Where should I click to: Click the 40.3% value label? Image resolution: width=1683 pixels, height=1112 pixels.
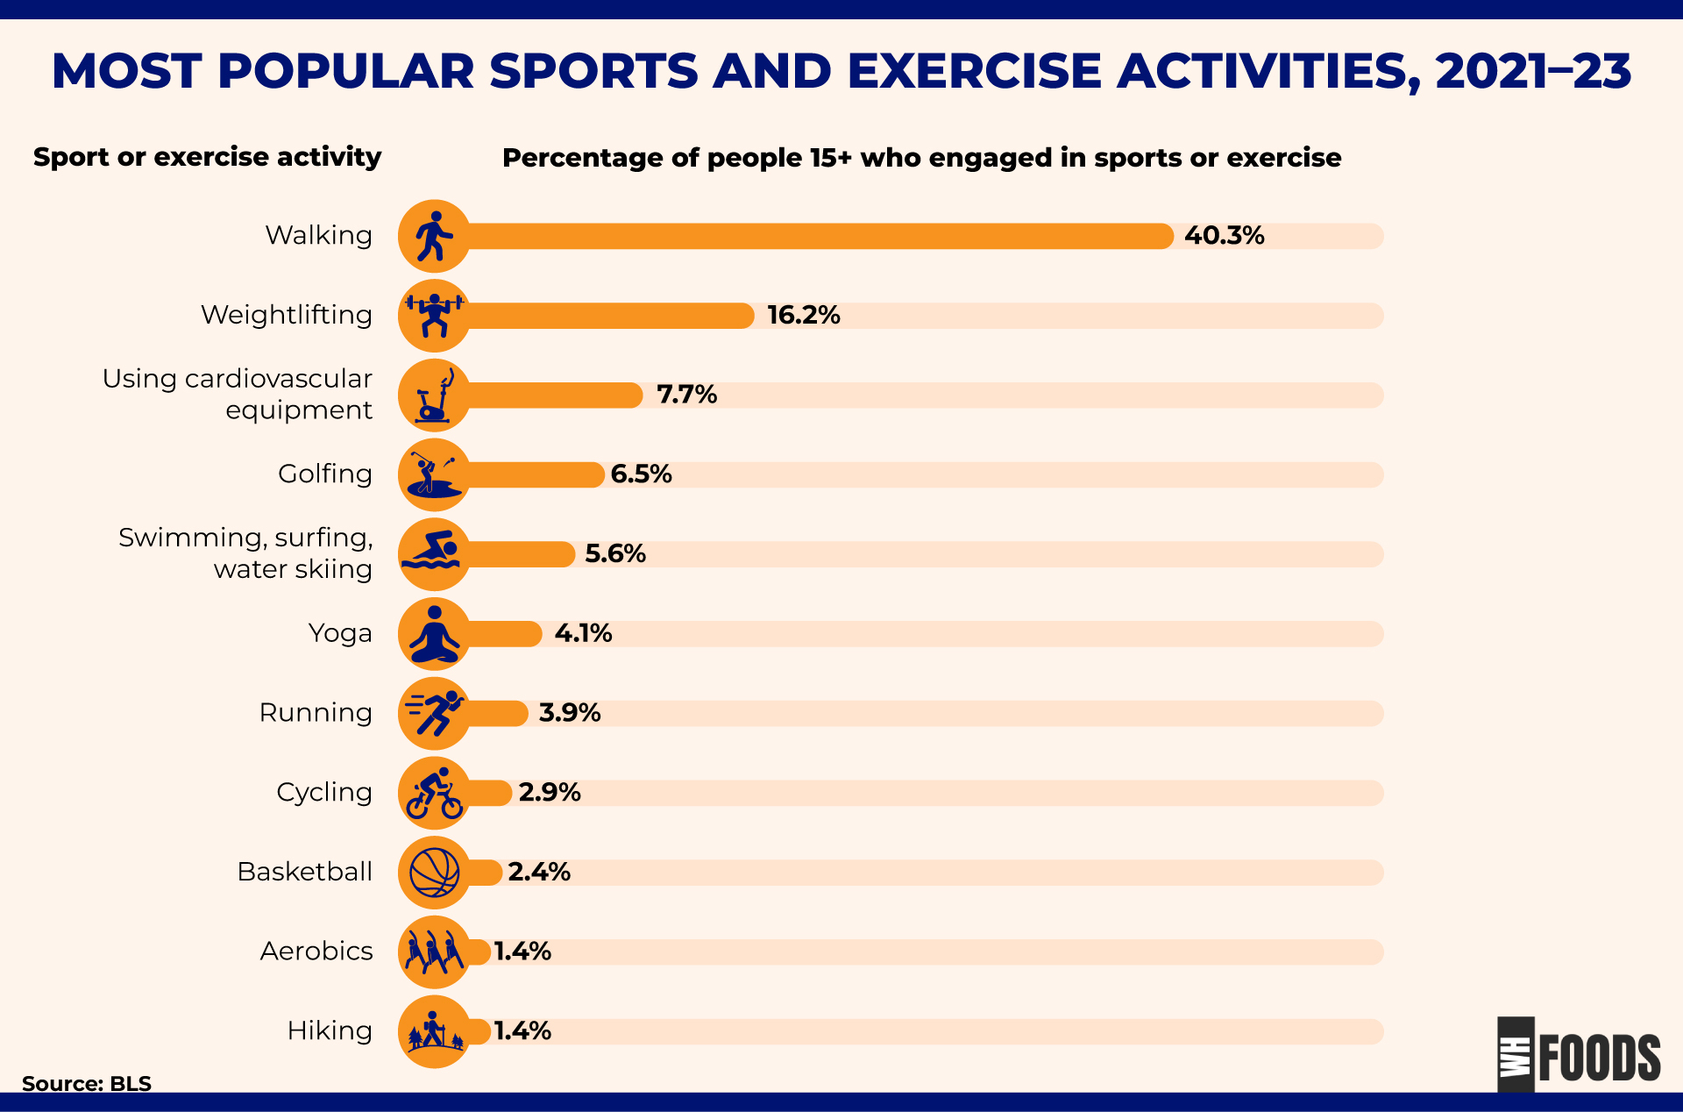pyautogui.click(x=1224, y=236)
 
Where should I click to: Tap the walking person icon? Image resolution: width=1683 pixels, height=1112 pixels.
pyautogui.click(x=434, y=236)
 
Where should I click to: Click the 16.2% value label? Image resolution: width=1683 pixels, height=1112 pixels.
pyautogui.click(x=803, y=316)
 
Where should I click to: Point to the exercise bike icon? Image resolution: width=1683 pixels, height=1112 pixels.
pyautogui.click(x=434, y=396)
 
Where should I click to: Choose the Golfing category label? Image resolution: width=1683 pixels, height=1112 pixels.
pyautogui.click(x=324, y=474)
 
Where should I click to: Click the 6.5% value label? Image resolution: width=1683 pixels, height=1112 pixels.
pyautogui.click(x=641, y=474)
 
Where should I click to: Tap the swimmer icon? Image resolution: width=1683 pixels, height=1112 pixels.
pyautogui.click(x=434, y=554)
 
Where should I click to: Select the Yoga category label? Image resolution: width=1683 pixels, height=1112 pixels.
pyautogui.click(x=339, y=633)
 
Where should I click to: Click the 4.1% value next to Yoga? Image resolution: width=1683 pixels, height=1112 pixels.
pyautogui.click(x=583, y=633)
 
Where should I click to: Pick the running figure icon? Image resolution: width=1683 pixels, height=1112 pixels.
pyautogui.click(x=434, y=713)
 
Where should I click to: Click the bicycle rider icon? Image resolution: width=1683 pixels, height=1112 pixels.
pyautogui.click(x=434, y=793)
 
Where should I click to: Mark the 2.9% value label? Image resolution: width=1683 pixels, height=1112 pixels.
pyautogui.click(x=550, y=793)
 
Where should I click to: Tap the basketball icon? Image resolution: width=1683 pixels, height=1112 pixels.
pyautogui.click(x=434, y=873)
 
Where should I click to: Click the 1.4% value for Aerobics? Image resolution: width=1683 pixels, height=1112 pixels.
pyautogui.click(x=522, y=952)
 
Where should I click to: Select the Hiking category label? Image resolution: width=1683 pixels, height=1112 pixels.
pyautogui.click(x=329, y=1031)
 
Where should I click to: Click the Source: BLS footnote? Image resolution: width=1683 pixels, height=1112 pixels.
pyautogui.click(x=87, y=1084)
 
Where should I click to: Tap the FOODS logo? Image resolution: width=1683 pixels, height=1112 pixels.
pyautogui.click(x=1579, y=1057)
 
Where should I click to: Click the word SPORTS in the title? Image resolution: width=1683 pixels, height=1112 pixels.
pyautogui.click(x=593, y=71)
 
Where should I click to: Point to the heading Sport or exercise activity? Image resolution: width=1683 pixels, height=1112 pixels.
pyautogui.click(x=207, y=157)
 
